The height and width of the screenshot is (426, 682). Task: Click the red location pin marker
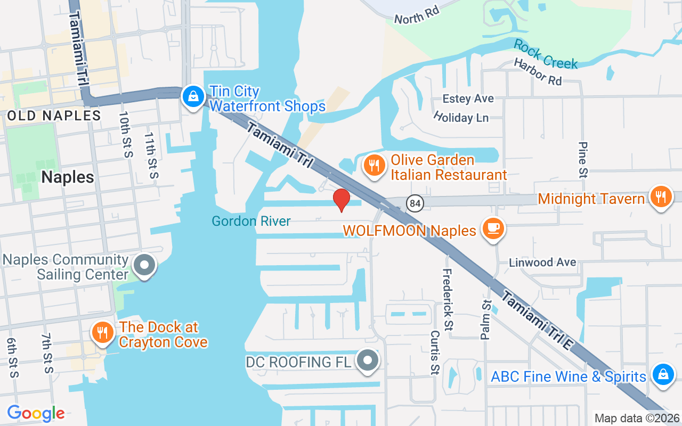tap(341, 200)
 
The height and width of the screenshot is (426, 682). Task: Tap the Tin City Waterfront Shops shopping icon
tap(191, 96)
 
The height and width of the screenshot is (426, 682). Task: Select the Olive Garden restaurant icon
tap(375, 166)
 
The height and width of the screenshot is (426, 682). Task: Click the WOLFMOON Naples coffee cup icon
tap(493, 228)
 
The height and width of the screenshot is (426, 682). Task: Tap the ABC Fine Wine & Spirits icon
tap(663, 374)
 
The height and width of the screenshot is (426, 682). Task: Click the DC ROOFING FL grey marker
tap(367, 361)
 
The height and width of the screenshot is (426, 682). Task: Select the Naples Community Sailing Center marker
tap(144, 265)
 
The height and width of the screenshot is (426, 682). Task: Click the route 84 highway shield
tap(415, 203)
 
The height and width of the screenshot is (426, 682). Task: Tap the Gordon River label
tap(251, 221)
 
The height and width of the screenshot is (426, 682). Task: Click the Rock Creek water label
tap(546, 54)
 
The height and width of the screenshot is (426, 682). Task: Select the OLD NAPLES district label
tap(54, 116)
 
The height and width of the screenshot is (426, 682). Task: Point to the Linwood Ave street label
tap(542, 263)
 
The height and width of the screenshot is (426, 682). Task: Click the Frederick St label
tap(448, 299)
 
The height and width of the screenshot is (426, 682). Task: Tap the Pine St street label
tap(583, 159)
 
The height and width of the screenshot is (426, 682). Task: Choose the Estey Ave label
tap(468, 99)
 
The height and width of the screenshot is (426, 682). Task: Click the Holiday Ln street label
tap(461, 117)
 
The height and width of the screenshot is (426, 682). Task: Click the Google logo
tap(36, 413)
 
